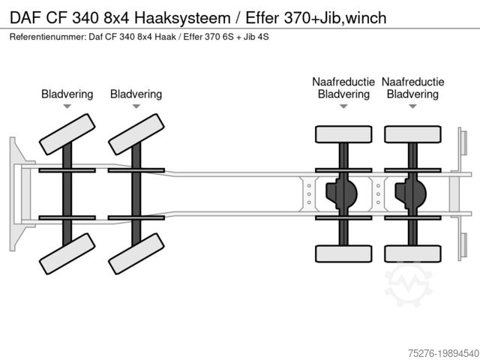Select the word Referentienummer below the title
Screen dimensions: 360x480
(x=47, y=37)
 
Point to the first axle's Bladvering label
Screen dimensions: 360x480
(x=67, y=94)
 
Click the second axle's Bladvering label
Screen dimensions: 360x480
(x=136, y=94)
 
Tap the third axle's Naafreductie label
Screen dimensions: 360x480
(x=343, y=82)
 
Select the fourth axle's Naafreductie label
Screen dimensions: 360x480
(x=412, y=82)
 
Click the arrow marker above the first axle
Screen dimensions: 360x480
(x=67, y=106)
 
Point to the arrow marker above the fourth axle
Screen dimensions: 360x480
(x=412, y=106)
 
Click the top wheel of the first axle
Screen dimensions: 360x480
(x=67, y=133)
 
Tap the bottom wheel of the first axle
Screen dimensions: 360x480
(x=67, y=253)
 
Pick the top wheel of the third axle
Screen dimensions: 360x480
(x=343, y=134)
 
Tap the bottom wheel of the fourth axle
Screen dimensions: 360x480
(x=412, y=254)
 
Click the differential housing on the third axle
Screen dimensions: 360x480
(x=341, y=193)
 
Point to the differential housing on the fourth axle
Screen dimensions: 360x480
(x=410, y=193)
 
